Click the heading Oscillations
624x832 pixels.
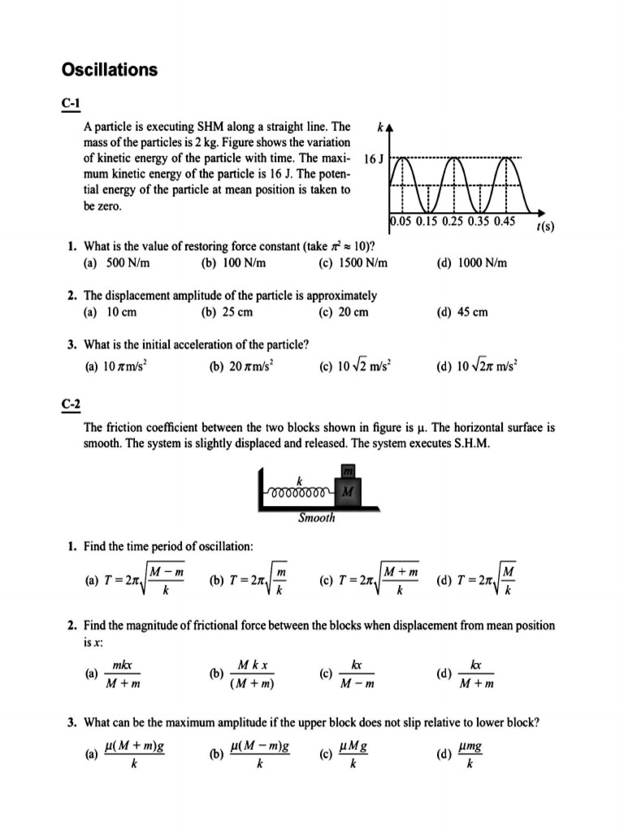(x=110, y=71)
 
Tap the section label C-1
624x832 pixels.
(x=71, y=104)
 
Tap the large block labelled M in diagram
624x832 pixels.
(x=348, y=492)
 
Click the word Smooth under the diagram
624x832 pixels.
(x=316, y=517)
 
